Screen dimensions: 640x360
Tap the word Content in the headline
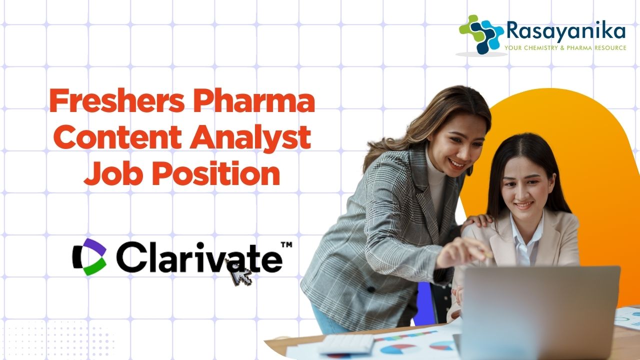(x=117, y=137)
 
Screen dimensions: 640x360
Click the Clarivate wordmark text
(x=199, y=257)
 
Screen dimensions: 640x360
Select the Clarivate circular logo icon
(x=89, y=257)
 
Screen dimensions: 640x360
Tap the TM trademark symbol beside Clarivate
(x=286, y=245)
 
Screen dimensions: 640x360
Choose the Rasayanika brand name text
(x=565, y=31)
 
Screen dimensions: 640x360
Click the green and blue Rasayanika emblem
(x=481, y=33)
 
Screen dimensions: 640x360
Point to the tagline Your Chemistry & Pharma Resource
(x=565, y=47)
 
